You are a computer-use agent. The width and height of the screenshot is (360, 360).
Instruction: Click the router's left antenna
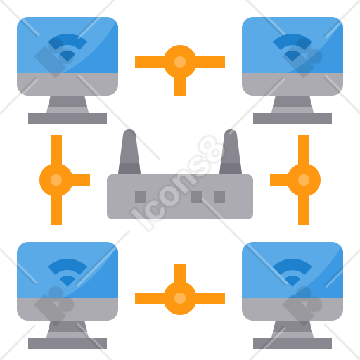click(129, 153)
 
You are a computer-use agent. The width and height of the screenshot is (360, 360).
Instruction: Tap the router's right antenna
click(231, 153)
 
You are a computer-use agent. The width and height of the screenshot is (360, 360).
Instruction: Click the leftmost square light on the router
click(141, 197)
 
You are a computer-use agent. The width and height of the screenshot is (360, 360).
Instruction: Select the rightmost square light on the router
click(219, 197)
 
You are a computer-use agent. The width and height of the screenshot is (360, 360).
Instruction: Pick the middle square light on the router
click(197, 197)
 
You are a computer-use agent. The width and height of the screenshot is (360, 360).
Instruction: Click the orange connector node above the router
click(180, 62)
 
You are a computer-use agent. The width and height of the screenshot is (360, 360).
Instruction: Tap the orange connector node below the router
click(180, 298)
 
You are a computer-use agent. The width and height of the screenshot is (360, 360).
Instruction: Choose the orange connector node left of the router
click(56, 180)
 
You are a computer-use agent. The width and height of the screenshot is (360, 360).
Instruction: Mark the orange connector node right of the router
click(304, 180)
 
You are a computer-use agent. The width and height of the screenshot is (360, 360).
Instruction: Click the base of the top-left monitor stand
click(67, 118)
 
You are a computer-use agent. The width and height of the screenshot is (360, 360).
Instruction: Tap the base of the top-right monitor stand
click(292, 118)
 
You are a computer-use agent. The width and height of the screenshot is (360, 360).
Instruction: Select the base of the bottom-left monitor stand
click(67, 343)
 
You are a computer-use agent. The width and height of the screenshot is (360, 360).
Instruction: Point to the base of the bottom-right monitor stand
click(292, 343)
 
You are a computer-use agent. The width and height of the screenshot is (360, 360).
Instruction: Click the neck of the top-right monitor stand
click(292, 104)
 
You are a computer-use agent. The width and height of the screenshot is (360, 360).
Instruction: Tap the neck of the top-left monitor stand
click(67, 104)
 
